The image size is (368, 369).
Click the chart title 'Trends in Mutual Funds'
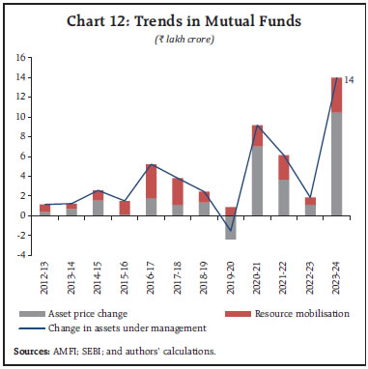(183, 18)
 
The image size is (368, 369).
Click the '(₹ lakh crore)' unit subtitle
(183, 38)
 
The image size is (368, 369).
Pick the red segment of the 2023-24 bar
(335, 95)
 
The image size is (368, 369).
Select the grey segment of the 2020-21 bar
(257, 180)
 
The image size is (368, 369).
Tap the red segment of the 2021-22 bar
(283, 167)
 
